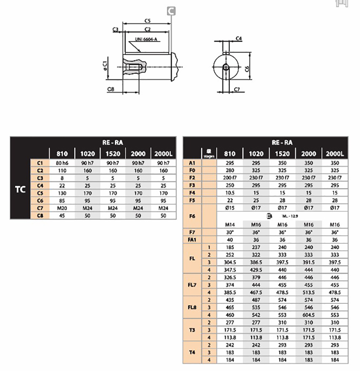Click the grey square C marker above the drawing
(171, 11)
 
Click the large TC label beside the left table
(20, 189)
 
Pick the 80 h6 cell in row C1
(62, 163)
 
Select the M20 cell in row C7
(62, 208)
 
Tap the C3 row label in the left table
(40, 178)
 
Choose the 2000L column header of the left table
(164, 154)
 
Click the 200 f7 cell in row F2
(230, 178)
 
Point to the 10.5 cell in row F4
(230, 193)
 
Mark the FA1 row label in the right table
(192, 240)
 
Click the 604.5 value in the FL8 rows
(308, 315)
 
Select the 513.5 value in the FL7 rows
(308, 292)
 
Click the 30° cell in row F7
(230, 232)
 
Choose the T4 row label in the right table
(192, 352)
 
